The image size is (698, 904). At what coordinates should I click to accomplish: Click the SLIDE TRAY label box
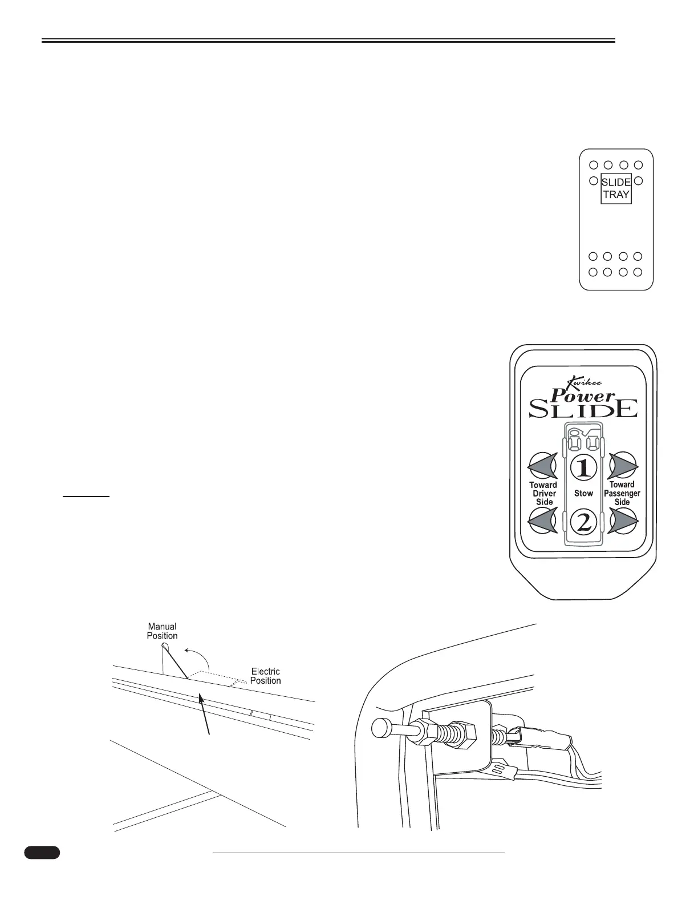click(616, 188)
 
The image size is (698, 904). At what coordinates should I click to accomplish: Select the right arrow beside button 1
click(622, 466)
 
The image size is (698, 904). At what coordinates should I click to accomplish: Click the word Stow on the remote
click(583, 493)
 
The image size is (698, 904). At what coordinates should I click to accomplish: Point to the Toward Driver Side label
click(543, 493)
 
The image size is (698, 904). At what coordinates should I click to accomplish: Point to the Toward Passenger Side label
click(622, 493)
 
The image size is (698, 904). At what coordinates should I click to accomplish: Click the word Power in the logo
click(582, 395)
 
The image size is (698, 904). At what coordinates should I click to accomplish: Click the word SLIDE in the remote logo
click(583, 409)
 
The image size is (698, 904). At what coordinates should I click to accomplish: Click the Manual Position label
click(163, 631)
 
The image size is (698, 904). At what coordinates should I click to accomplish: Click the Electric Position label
click(265, 676)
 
